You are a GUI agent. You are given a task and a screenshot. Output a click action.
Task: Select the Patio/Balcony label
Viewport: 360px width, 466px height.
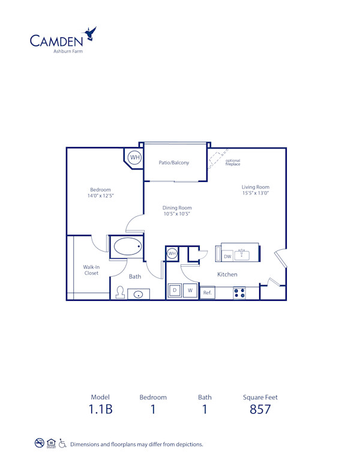point(174,163)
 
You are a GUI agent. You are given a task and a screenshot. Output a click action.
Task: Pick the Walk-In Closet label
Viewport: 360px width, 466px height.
point(91,270)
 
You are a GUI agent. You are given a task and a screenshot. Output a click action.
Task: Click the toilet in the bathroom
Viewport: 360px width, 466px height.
point(120,292)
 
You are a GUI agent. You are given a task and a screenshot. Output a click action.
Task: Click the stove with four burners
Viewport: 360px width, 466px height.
point(239,293)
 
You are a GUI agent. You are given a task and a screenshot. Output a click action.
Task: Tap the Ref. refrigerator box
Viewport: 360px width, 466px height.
point(208,292)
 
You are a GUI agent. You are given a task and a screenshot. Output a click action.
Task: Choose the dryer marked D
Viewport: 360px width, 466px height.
point(175,291)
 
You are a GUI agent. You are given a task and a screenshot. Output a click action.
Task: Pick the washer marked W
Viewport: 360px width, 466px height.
point(190,291)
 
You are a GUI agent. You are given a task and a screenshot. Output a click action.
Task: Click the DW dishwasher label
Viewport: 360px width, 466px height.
point(227,256)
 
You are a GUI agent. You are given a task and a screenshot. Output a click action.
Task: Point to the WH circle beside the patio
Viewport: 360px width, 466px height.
point(135,158)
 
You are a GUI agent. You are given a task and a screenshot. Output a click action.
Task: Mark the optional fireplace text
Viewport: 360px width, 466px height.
point(233,162)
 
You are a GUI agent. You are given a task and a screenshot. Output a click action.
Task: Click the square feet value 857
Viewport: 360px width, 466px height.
point(260,410)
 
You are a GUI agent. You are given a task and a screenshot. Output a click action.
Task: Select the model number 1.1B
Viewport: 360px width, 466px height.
point(101,410)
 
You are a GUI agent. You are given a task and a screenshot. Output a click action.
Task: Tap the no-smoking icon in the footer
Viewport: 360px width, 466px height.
point(40,444)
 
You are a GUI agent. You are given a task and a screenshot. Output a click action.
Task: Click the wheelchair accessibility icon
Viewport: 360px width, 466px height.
point(62,444)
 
